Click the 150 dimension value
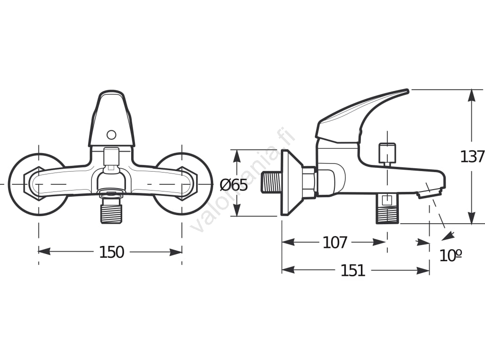[x=111, y=252]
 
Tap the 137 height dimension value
[x=472, y=156]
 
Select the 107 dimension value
[x=335, y=243]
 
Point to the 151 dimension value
[x=353, y=271]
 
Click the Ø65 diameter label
[x=234, y=185]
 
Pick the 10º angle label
[x=450, y=255]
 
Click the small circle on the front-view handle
[x=111, y=135]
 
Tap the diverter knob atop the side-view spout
[x=387, y=153]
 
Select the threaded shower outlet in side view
[x=387, y=212]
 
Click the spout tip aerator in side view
[x=430, y=192]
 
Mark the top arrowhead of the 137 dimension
[x=472, y=95]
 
